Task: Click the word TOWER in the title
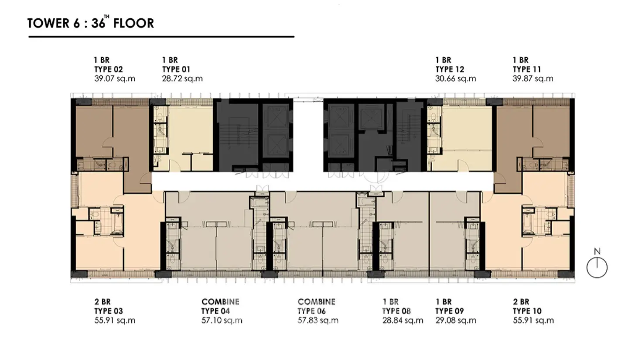48,23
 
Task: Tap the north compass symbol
597,267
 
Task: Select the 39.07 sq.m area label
115,79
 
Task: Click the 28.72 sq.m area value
182,79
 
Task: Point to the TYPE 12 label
450,69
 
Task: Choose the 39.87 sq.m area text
533,79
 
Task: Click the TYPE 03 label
109,311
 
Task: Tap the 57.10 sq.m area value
222,320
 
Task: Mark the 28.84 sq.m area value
403,320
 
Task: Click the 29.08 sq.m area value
456,320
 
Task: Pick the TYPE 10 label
527,311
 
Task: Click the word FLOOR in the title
133,23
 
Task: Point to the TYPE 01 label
176,69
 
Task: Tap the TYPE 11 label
527,69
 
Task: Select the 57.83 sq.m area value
318,320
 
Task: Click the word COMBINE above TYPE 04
220,302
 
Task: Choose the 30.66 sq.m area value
455,79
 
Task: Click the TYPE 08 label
396,311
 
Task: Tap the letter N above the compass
597,252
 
